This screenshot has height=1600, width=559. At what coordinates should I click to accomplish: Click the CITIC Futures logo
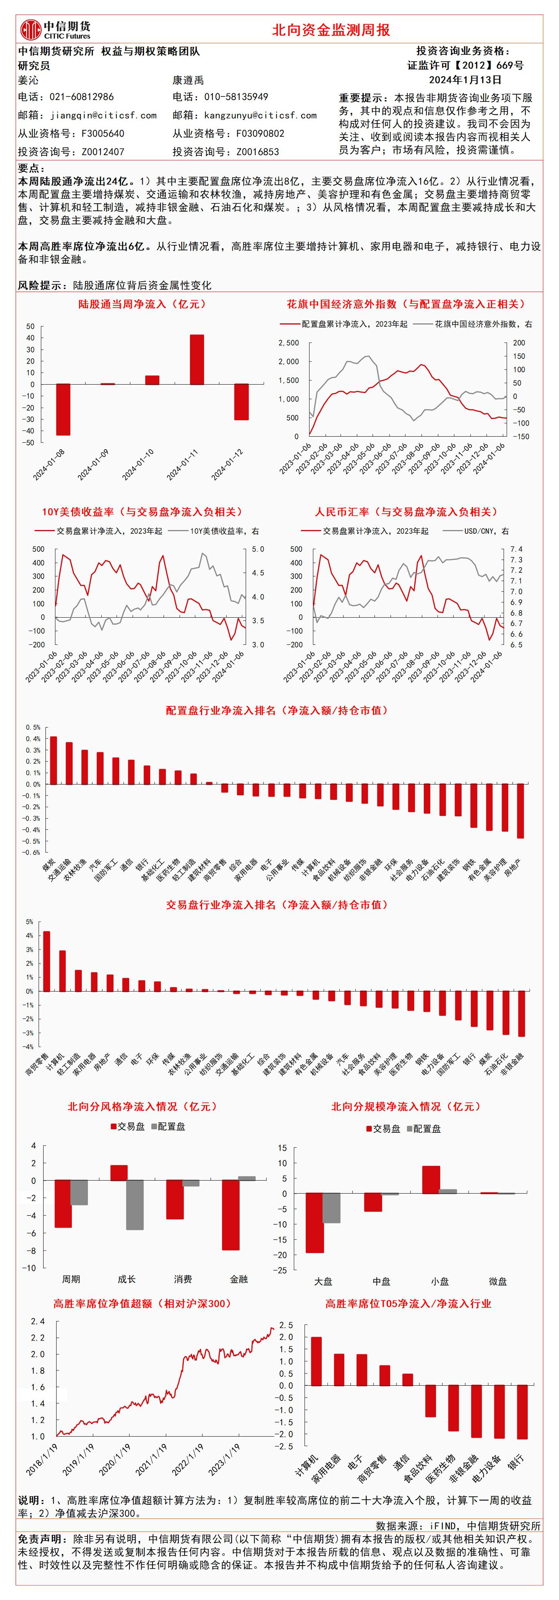[x=55, y=29]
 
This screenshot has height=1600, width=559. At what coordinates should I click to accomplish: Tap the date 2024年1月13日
[x=465, y=80]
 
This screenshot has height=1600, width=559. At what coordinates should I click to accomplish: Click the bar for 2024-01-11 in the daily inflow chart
[x=197, y=360]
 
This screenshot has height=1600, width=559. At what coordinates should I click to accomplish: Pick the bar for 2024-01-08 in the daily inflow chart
[x=63, y=409]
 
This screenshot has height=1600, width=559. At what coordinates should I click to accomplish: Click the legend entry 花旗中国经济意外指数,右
[x=483, y=324]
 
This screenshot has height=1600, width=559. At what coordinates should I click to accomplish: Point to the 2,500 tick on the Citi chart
[x=288, y=343]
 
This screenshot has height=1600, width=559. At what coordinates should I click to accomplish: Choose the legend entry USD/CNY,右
[x=486, y=531]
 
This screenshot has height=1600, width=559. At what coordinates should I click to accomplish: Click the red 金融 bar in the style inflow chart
[x=231, y=1214]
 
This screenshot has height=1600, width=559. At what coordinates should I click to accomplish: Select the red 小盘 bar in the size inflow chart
[x=431, y=1179]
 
